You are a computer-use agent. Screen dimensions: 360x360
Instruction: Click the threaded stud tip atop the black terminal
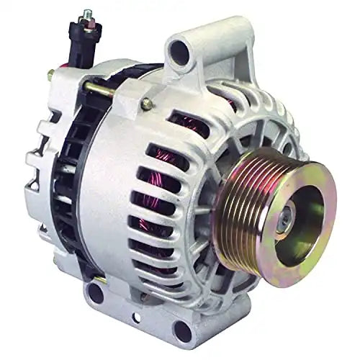[87, 14]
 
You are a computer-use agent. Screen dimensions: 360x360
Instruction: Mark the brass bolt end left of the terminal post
[51, 74]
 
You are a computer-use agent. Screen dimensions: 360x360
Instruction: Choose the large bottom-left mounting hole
[95, 293]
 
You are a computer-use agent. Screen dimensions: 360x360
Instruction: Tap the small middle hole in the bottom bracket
[137, 318]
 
